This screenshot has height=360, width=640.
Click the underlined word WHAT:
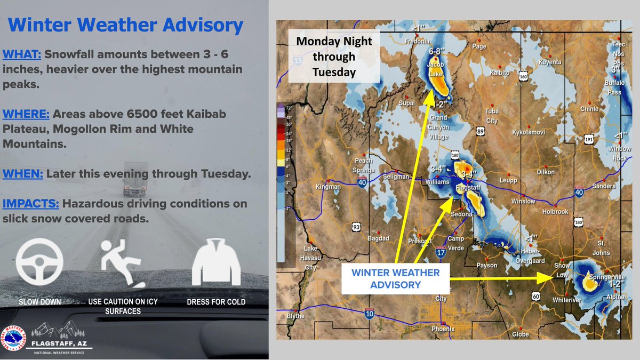(x=22, y=54)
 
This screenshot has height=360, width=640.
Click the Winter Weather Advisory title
(x=126, y=25)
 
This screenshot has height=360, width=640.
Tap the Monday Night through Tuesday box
(x=334, y=57)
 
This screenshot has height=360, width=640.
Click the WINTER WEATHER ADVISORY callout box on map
(x=395, y=278)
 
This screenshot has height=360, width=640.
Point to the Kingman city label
(x=328, y=187)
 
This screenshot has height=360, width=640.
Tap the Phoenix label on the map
(x=443, y=329)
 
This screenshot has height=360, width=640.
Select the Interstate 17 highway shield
(x=441, y=254)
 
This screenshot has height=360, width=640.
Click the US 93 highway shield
(x=356, y=228)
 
